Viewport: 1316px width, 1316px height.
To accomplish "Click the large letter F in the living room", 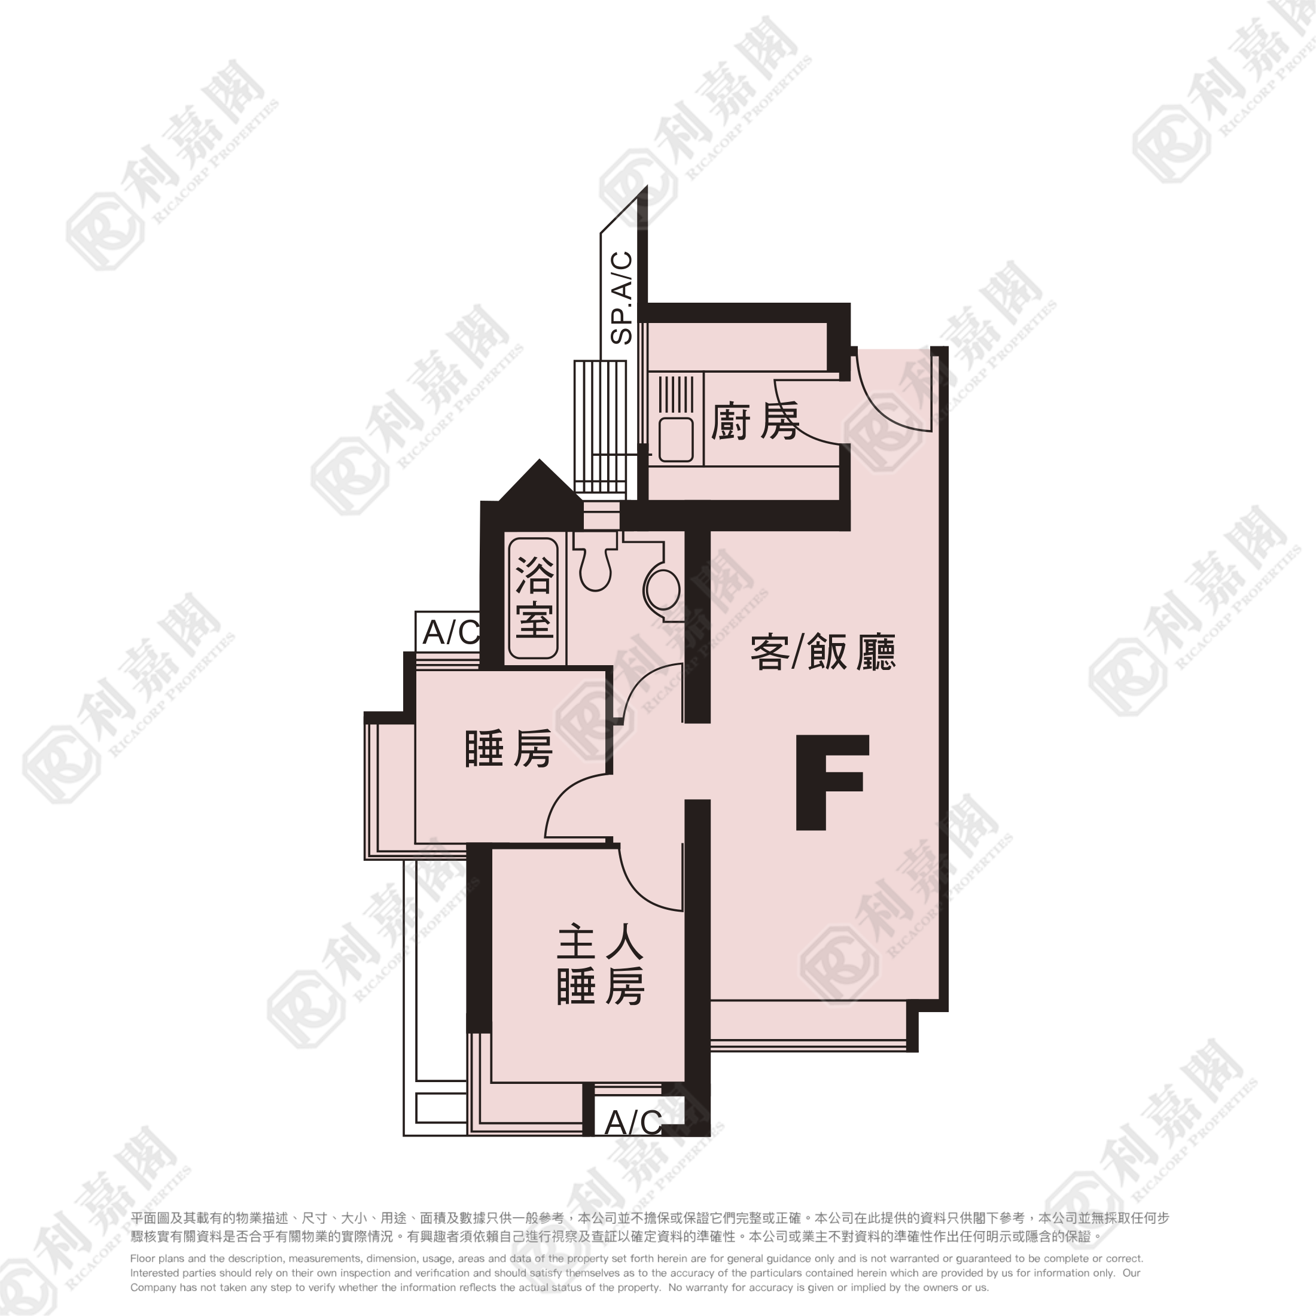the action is [831, 782].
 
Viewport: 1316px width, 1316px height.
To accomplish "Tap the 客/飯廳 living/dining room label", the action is [823, 653].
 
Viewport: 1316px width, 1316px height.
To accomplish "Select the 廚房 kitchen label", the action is [756, 422].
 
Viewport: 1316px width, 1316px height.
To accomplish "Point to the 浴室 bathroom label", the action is [534, 598].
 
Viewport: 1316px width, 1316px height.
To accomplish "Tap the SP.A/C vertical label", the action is [622, 298].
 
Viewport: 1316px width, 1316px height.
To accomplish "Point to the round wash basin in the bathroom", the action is [662, 590].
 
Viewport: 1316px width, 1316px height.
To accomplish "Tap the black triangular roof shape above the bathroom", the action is [540, 482].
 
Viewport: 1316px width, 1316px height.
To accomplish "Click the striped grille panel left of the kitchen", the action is [600, 428].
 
